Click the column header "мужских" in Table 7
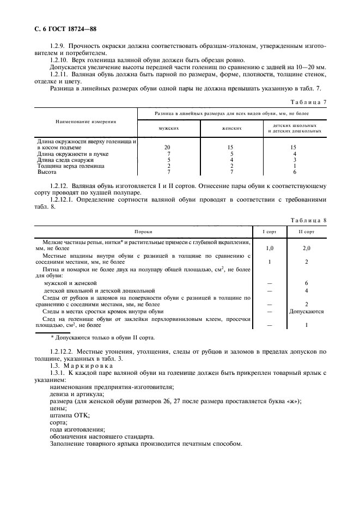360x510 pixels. click(x=168, y=128)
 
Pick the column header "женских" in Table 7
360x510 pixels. click(x=232, y=128)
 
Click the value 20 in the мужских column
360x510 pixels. click(x=168, y=147)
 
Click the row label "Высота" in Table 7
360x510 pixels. click(x=46, y=172)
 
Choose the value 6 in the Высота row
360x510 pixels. click(x=295, y=172)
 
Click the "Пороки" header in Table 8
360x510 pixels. click(x=143, y=232)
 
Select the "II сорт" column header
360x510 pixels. click(x=307, y=232)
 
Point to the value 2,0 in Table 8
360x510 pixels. click(x=307, y=248)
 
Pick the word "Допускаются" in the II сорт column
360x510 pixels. click(x=307, y=312)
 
